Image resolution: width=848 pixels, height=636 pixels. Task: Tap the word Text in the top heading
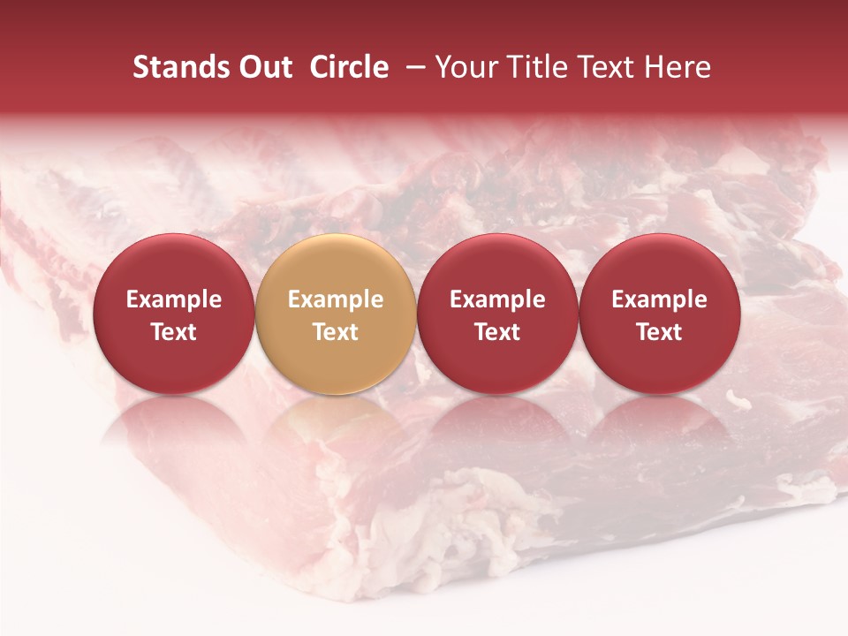coord(608,67)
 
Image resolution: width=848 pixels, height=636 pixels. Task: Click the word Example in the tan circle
coord(336,299)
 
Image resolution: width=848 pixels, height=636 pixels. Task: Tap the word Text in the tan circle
coord(336,332)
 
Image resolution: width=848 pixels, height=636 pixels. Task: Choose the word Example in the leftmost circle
coord(174,299)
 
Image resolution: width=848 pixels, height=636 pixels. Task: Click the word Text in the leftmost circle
coord(174,332)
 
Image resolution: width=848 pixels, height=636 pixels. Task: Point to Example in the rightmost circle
coord(660,299)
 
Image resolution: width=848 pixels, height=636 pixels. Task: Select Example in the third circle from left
coord(497,299)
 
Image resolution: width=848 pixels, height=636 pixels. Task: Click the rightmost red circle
coord(660,265)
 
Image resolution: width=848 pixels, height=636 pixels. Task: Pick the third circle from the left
coord(497,265)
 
